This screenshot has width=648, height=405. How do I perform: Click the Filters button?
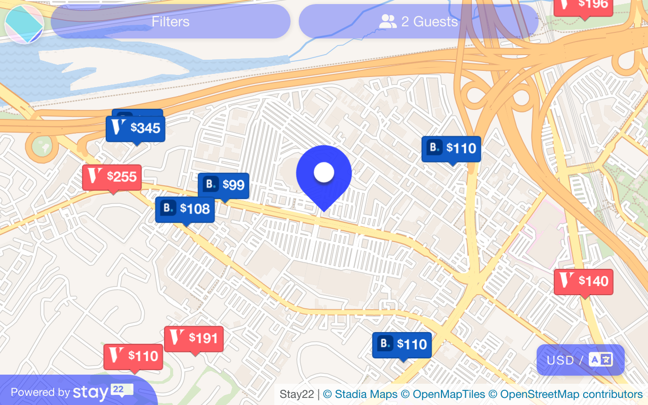171,22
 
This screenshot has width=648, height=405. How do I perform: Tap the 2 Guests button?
418,22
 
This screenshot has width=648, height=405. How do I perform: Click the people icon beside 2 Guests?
388,21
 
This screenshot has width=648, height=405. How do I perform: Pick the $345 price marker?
136,129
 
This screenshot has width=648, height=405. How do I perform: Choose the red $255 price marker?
112,177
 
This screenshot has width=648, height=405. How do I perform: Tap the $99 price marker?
224,185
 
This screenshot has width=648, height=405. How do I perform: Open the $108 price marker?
185,209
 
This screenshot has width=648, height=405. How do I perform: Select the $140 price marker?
584,281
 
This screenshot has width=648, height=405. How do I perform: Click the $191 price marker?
194,338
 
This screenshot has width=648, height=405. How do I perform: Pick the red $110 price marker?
133,356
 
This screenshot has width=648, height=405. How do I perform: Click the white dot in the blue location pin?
324,173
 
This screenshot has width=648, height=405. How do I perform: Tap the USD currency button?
560,360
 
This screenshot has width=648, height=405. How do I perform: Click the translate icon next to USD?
601,359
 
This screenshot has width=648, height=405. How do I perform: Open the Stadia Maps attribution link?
360,394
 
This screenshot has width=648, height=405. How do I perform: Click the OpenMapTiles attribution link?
442,394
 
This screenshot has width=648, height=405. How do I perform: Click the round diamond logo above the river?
24,24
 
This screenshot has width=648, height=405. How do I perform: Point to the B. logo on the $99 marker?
211,185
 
